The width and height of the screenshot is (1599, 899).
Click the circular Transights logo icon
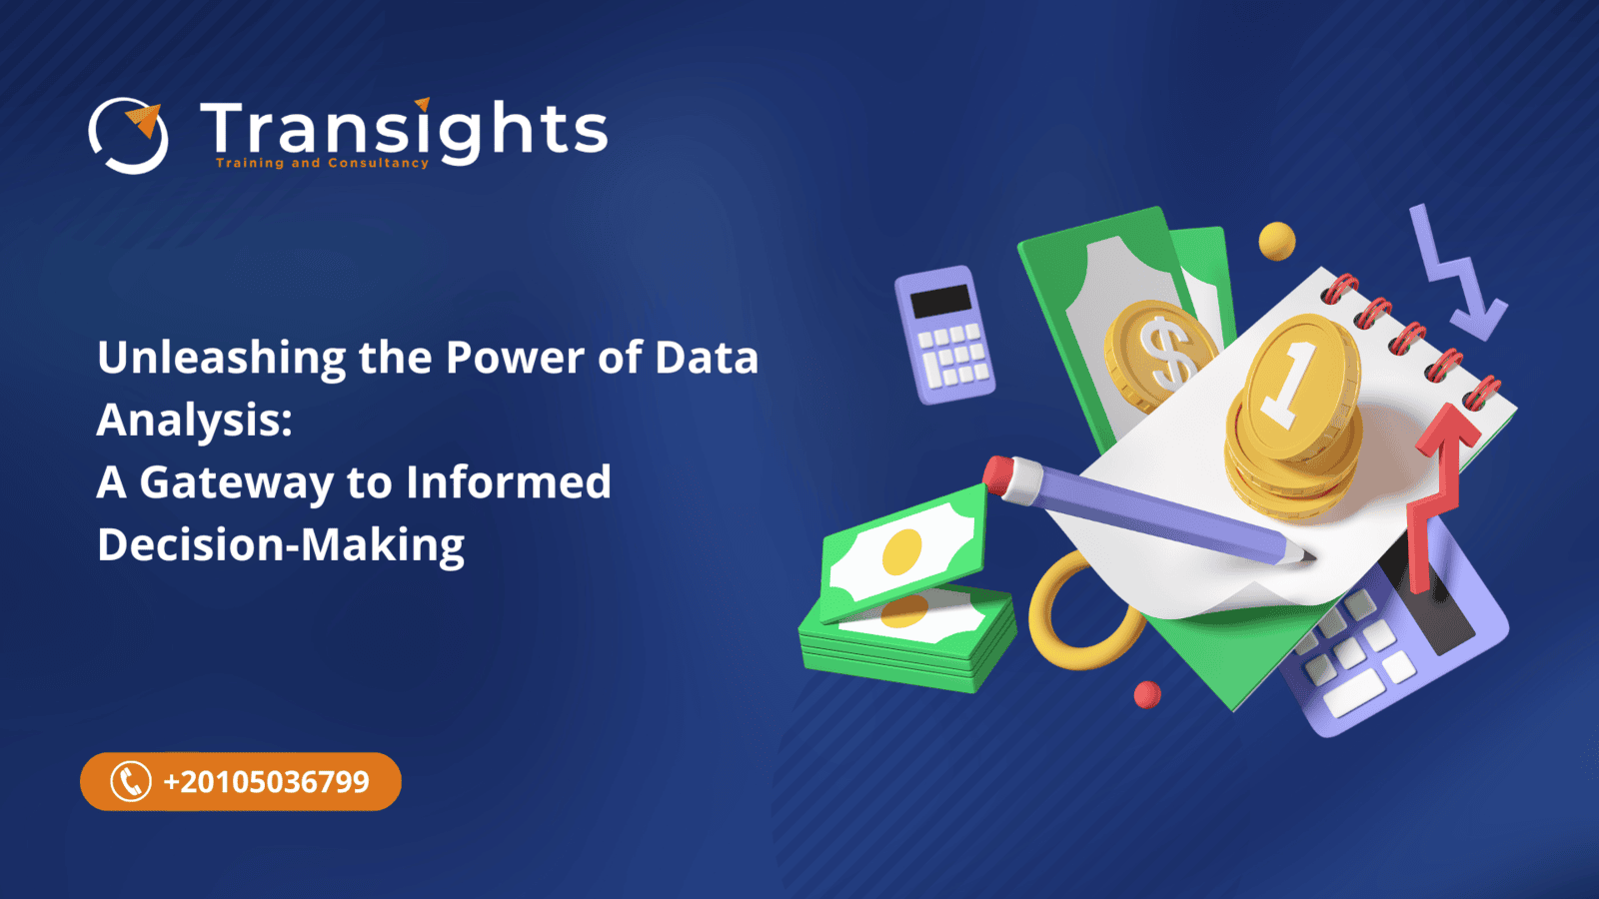[x=128, y=135]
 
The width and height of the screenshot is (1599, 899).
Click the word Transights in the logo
[x=404, y=129]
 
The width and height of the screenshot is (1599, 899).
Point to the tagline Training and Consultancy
[x=322, y=163]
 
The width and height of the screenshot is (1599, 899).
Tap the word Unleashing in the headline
[x=221, y=359]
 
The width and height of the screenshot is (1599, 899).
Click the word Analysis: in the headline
[x=195, y=421]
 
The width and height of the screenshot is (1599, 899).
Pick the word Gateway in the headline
[x=236, y=483]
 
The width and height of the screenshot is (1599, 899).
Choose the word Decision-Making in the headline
[x=281, y=545]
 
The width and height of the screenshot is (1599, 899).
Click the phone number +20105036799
[x=266, y=781]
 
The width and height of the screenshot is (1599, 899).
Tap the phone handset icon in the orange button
[x=130, y=781]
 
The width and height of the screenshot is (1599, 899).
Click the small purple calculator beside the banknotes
[x=944, y=334]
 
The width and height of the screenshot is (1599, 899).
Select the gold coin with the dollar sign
[x=1159, y=354]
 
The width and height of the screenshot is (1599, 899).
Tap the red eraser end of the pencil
[x=1000, y=472]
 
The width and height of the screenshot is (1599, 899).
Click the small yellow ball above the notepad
[x=1276, y=241]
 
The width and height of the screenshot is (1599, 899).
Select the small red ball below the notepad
[x=1147, y=694]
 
